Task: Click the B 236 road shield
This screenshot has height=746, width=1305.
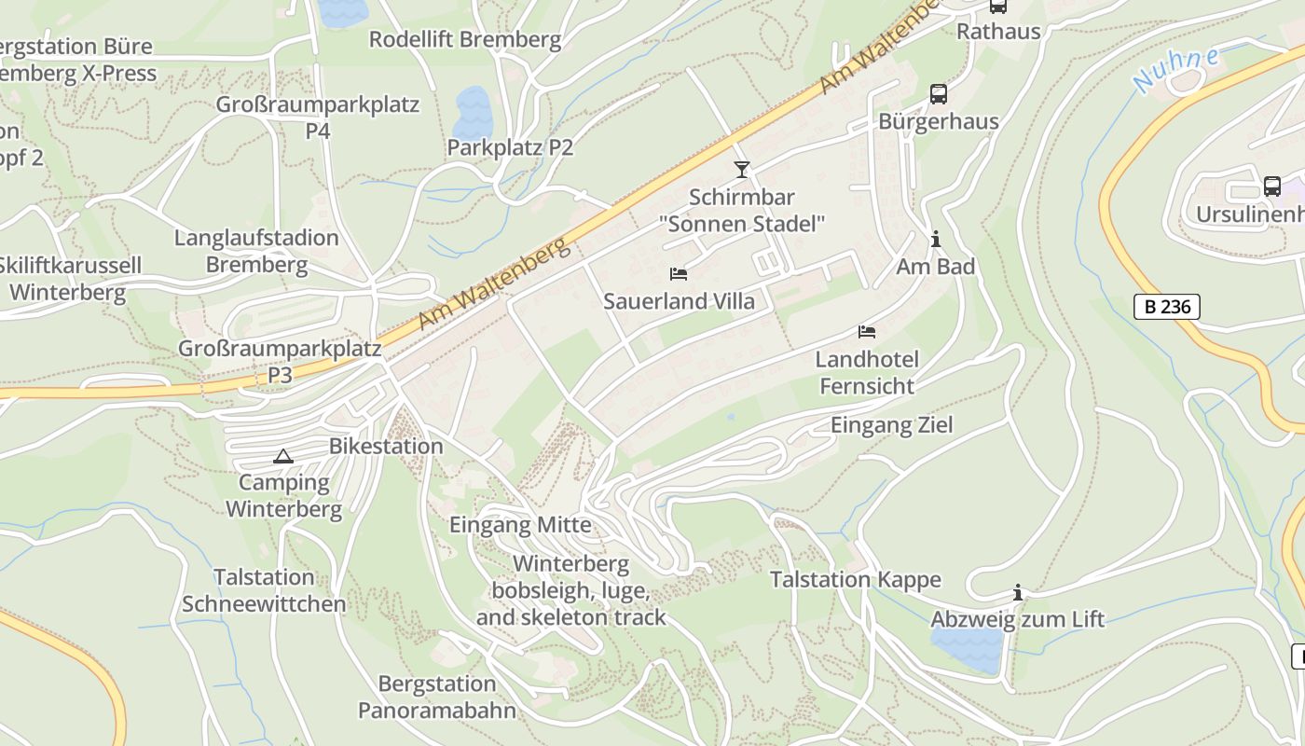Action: click(1166, 306)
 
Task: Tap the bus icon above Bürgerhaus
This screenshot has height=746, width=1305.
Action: click(938, 94)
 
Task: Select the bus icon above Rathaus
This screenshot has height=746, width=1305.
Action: click(997, 6)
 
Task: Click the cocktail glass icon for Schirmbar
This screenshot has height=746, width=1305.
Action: click(741, 170)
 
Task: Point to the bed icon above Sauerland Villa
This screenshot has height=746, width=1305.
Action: click(679, 274)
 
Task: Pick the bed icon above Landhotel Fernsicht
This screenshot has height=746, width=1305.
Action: click(866, 332)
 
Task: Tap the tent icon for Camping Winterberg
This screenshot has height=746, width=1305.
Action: click(283, 456)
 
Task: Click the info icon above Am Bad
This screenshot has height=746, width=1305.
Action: click(935, 240)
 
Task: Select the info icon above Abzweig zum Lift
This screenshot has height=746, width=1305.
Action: click(1017, 592)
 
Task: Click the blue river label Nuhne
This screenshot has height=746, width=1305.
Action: click(1177, 69)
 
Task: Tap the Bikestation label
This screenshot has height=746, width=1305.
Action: click(386, 447)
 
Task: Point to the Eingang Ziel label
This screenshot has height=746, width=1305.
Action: click(892, 425)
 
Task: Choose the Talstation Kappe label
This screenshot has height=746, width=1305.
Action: click(855, 580)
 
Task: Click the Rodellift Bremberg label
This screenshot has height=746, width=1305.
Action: click(465, 40)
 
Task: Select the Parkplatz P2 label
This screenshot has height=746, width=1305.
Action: click(510, 147)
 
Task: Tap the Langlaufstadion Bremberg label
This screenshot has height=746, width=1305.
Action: click(256, 251)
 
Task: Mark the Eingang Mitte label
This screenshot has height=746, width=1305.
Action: click(520, 525)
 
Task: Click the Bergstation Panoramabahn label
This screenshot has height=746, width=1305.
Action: click(437, 698)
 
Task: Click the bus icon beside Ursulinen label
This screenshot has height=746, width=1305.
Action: click(1271, 186)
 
